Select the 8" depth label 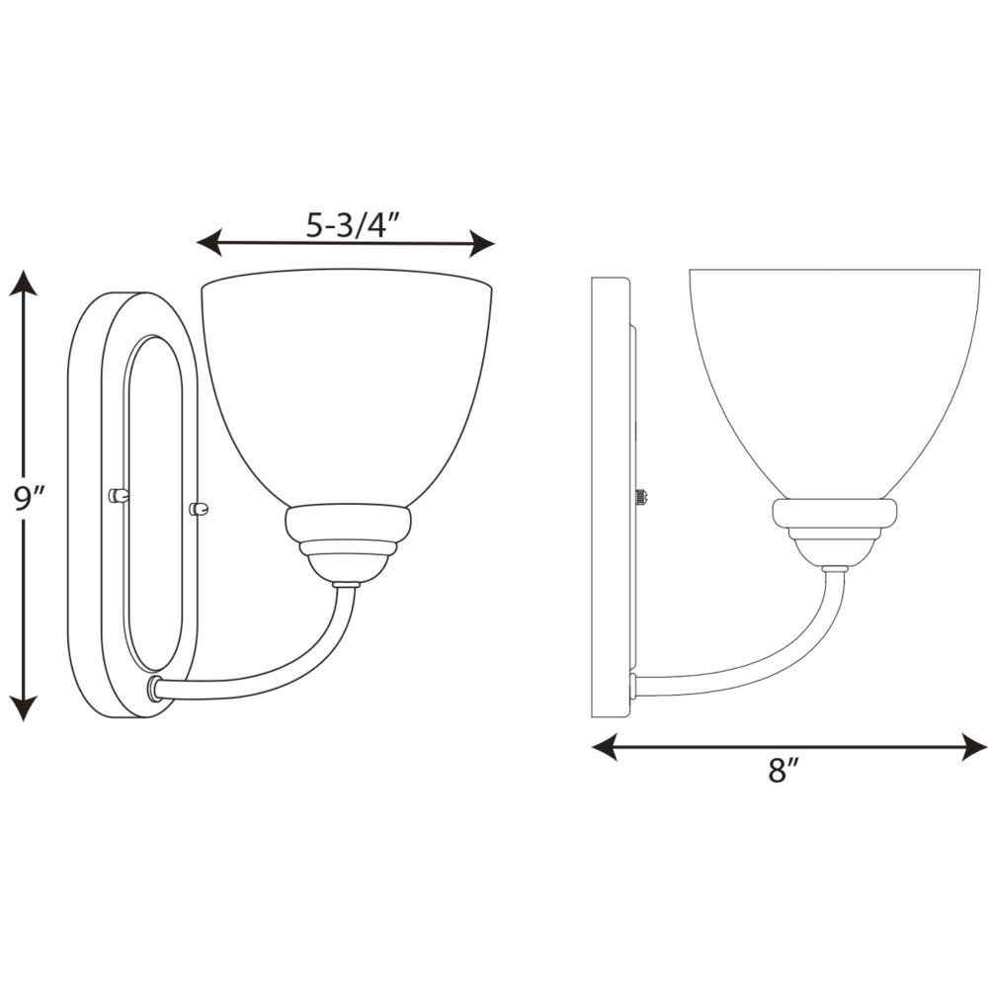coord(783,770)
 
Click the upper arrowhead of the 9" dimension coord(24,284)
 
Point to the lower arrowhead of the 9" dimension coord(24,707)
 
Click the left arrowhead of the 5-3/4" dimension coord(209,243)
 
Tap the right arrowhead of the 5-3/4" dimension coord(481,243)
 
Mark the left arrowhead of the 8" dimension coord(605,746)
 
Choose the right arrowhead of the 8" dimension coord(973,746)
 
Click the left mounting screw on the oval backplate coord(119,496)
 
